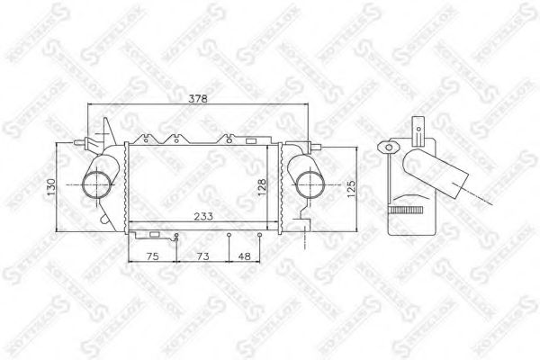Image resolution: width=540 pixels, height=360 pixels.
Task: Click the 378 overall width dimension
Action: coord(197,99)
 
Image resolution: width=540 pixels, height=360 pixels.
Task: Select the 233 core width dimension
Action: coord(203,216)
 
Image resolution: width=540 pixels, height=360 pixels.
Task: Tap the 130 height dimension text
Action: coord(52,188)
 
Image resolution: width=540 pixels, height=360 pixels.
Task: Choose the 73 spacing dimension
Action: coord(202,256)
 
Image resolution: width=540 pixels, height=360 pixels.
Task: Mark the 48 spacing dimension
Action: coord(244,256)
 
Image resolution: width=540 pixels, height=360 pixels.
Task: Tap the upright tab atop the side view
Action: coord(419,131)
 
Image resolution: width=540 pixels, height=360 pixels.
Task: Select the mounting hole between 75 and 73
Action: coord(177,236)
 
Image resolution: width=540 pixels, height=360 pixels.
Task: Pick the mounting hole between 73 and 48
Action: coord(229,236)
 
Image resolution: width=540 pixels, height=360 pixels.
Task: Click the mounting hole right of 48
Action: coord(260,236)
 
